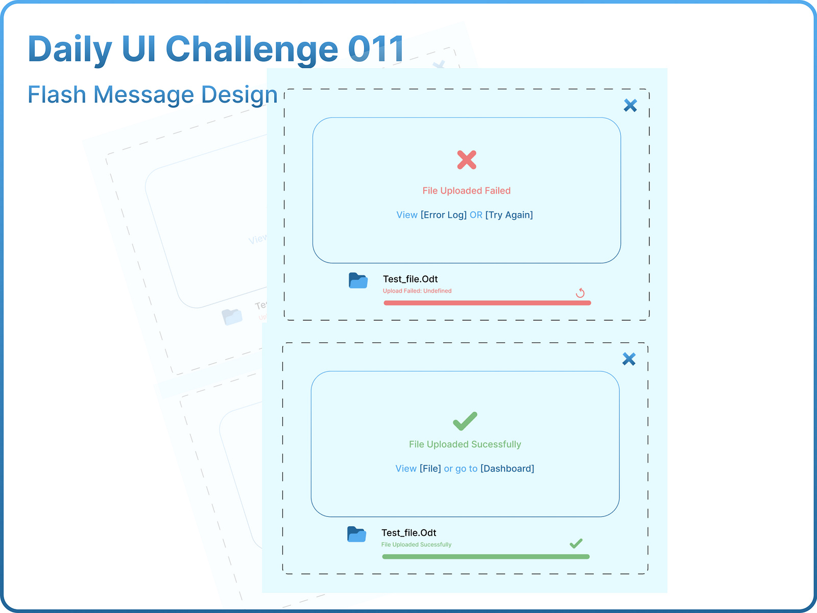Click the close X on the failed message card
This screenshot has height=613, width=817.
(x=630, y=105)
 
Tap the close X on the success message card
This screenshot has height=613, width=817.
(x=629, y=359)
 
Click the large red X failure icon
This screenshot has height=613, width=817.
(x=467, y=160)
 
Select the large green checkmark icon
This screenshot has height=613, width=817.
(x=465, y=421)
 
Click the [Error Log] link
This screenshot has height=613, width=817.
(x=443, y=215)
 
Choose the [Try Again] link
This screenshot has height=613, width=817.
(x=509, y=215)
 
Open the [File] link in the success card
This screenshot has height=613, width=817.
(x=430, y=469)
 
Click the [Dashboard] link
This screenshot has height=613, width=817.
(x=507, y=469)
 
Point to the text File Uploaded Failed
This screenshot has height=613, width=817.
(x=466, y=191)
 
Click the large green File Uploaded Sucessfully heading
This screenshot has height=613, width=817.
(x=465, y=444)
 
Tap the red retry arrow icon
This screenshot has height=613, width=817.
(x=580, y=293)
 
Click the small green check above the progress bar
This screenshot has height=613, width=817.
(x=576, y=544)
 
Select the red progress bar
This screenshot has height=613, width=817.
(x=487, y=303)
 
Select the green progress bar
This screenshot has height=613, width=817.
(x=485, y=557)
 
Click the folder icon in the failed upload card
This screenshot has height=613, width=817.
(x=358, y=280)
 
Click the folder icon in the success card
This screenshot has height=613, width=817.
(x=356, y=534)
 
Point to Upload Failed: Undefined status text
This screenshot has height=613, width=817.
(x=417, y=291)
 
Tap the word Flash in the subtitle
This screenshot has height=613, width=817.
(x=57, y=95)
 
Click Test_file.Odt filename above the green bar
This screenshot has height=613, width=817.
(x=408, y=533)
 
